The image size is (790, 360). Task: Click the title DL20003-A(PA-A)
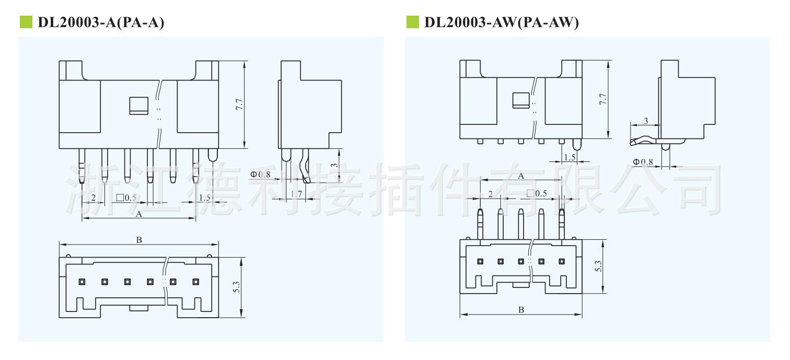click(x=101, y=22)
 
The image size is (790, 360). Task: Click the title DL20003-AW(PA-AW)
click(x=501, y=22)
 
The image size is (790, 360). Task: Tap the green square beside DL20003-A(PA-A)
click(x=26, y=22)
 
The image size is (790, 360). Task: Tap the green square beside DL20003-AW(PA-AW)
click(x=412, y=22)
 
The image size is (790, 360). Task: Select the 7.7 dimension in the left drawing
click(x=239, y=104)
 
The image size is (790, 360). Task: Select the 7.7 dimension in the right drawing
click(x=603, y=99)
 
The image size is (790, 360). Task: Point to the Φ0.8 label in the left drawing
click(x=260, y=174)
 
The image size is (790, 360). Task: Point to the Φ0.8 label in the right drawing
click(x=643, y=162)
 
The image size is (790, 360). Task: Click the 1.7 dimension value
click(x=296, y=194)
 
